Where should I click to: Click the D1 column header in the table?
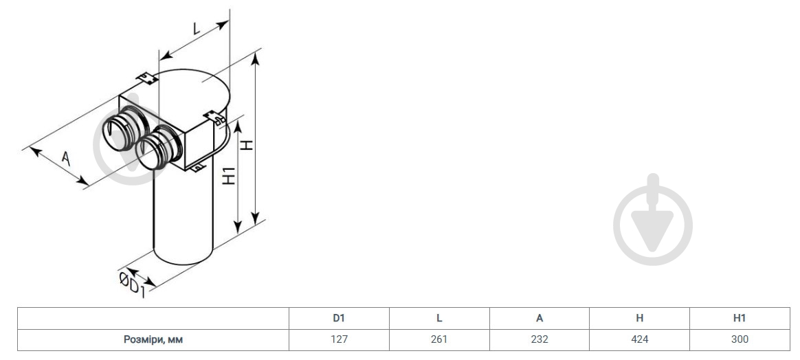coord(339,318)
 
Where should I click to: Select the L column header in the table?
coord(438,318)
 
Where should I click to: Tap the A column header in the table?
coord(540,318)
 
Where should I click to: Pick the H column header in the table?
coord(639,318)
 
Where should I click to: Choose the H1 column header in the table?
coord(740,318)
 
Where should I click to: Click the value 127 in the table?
coord(339,339)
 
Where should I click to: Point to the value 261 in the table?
coord(438,339)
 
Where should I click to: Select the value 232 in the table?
coord(540,339)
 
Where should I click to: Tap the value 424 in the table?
coord(639,339)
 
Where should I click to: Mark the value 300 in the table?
coord(740,339)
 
